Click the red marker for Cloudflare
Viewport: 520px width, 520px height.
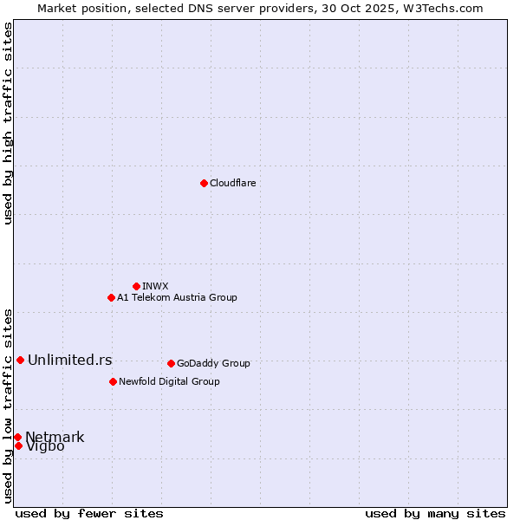204,183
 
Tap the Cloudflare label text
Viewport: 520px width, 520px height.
232,183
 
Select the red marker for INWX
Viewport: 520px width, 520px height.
136,286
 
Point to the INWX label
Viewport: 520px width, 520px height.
155,286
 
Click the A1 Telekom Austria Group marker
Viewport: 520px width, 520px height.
111,297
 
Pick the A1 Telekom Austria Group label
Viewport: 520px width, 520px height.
177,297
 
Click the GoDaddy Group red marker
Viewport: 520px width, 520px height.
171,363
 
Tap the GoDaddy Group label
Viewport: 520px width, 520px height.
213,363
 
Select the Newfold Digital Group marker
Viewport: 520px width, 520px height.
113,381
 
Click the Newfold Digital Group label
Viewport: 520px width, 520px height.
169,381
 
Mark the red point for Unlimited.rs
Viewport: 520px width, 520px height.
20,360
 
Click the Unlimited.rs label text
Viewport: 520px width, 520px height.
69,360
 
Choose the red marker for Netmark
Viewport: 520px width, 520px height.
17,437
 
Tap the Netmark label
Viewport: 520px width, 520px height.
55,437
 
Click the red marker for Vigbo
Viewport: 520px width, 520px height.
18,445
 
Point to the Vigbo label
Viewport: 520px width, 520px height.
45,447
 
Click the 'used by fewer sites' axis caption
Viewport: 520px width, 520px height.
89,513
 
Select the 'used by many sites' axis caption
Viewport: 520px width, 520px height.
435,513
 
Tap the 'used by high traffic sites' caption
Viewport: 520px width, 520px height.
9,123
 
